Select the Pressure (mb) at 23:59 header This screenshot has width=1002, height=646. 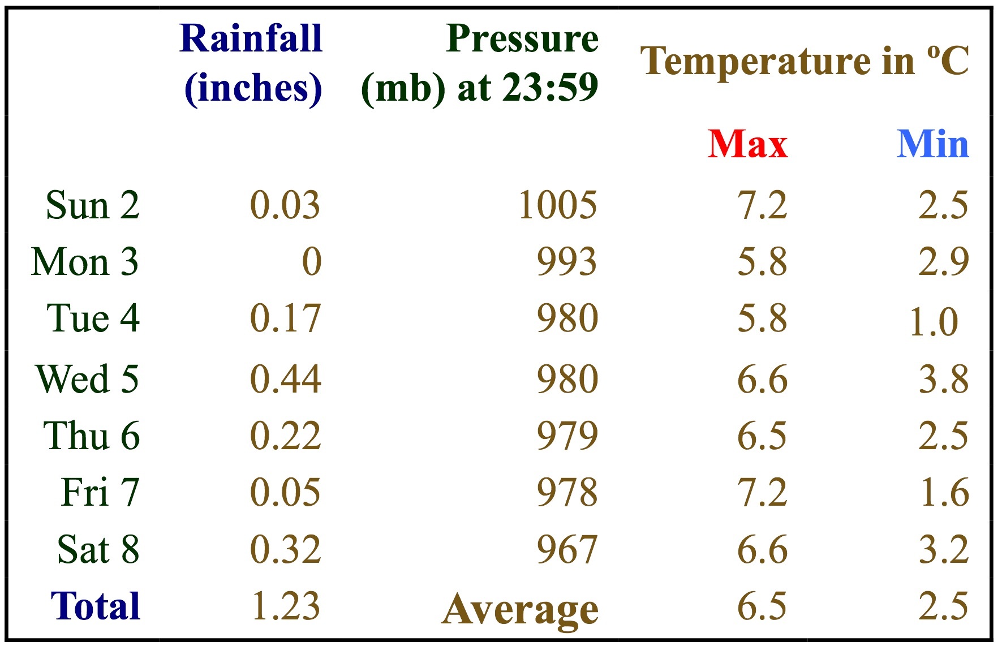coord(480,63)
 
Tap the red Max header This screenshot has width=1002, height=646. coord(747,144)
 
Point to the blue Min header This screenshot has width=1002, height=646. coord(932,144)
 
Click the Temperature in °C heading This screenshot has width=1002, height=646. coord(804,61)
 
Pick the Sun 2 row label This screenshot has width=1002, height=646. coord(93,205)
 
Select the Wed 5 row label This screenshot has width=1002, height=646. coord(87,378)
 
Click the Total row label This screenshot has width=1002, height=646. coord(95,606)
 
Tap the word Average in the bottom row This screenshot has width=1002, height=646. coord(520,610)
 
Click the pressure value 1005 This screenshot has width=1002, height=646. coord(557,205)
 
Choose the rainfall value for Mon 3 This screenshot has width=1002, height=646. coord(312,262)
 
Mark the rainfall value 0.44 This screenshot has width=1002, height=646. coord(286,378)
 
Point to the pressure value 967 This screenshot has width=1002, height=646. coord(567,549)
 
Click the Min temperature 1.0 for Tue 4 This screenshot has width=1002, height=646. coord(934,322)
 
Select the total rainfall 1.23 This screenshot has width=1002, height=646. coord(286,606)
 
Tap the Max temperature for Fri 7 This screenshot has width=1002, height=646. coord(762,492)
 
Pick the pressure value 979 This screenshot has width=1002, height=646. coord(567,436)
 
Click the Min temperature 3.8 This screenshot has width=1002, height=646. coord(943,378)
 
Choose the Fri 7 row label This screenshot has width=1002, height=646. coord(100,492)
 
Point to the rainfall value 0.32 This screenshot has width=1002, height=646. coord(286,549)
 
